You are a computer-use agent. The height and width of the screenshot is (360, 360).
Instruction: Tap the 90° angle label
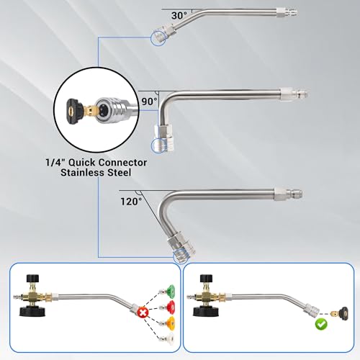point(149,102)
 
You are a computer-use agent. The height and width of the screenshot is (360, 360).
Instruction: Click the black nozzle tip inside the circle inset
point(74,110)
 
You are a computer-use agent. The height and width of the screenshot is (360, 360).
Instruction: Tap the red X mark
point(143,312)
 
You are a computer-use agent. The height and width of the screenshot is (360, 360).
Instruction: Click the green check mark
point(321,324)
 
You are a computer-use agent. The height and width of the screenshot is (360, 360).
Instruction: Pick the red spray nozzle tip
point(168,306)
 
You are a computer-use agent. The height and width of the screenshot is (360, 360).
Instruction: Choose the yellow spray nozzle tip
point(170,322)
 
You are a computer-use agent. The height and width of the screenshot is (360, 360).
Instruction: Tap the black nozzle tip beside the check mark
point(344,312)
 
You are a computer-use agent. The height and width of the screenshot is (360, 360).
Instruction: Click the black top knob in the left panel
point(34,279)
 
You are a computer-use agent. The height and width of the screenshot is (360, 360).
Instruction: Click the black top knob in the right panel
point(207,279)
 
